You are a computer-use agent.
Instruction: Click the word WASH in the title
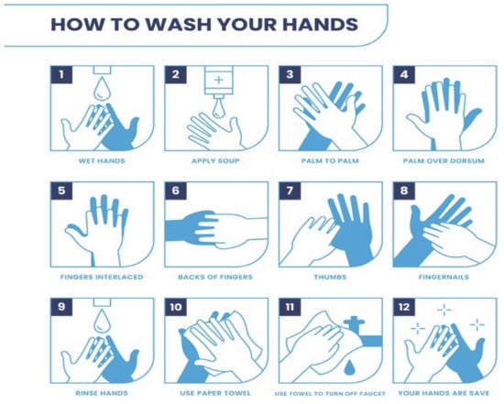click(178, 24)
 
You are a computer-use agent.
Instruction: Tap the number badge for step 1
click(61, 74)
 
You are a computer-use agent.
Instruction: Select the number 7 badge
click(290, 191)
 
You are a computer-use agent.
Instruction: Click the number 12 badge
click(404, 307)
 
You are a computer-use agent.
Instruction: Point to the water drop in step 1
click(102, 88)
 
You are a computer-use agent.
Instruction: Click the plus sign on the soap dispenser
click(219, 80)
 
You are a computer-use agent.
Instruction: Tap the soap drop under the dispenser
click(219, 108)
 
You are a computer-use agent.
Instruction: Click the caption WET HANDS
click(102, 160)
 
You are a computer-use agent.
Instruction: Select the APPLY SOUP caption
click(215, 160)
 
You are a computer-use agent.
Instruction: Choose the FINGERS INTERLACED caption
click(102, 277)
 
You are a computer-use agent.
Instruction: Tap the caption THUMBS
click(330, 277)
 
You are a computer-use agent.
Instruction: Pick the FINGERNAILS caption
click(444, 277)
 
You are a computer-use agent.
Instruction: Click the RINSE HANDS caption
click(102, 393)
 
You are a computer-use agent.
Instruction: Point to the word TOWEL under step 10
click(238, 393)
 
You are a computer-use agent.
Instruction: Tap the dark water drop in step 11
click(349, 367)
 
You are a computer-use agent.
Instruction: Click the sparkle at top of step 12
click(444, 311)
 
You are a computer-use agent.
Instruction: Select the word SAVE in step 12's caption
click(479, 393)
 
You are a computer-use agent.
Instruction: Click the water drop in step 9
click(102, 320)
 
